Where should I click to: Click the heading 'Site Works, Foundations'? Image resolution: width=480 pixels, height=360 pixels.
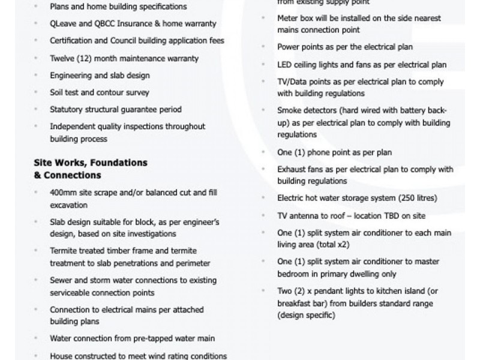tap(91, 163)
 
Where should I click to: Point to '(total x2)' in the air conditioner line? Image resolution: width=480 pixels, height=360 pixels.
tap(330, 245)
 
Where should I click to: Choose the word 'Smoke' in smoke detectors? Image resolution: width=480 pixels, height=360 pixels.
tap(289, 110)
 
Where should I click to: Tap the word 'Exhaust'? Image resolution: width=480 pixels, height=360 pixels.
tap(292, 169)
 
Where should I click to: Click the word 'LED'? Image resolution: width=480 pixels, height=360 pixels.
tap(284, 65)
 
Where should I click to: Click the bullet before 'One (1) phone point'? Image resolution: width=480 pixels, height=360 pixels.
tap(263, 152)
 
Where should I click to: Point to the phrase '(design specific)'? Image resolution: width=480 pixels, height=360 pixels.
tap(306, 315)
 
